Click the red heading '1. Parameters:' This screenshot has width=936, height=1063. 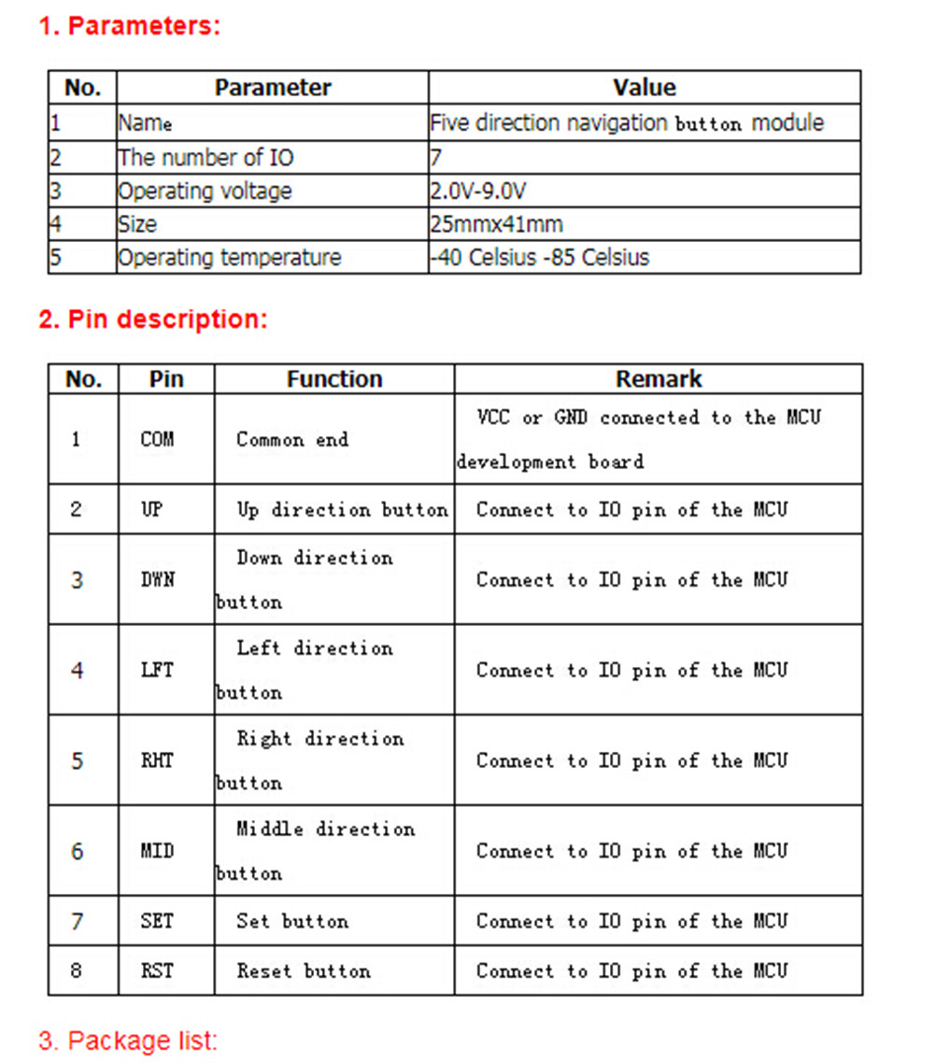(x=129, y=26)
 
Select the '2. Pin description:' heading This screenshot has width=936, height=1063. (x=152, y=319)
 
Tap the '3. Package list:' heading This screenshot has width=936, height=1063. (x=128, y=1040)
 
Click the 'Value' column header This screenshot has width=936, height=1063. (x=644, y=88)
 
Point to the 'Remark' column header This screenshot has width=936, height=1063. (x=658, y=379)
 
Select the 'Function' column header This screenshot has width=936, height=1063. (x=334, y=379)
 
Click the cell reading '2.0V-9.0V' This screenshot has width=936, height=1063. (x=478, y=191)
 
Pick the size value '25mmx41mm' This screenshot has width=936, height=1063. (x=496, y=224)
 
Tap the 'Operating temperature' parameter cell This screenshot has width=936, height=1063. (x=229, y=258)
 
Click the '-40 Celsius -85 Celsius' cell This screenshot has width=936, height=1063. (x=539, y=258)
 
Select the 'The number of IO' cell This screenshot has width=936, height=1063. (x=206, y=158)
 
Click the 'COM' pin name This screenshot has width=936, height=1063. (x=157, y=439)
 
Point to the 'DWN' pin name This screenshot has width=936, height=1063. (x=157, y=580)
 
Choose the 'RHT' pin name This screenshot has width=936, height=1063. (x=157, y=761)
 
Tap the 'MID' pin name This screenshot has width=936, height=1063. (x=157, y=852)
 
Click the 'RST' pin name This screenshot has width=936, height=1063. (x=157, y=971)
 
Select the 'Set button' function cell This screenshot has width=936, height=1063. (x=291, y=922)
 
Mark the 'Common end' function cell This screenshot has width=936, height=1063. (x=291, y=439)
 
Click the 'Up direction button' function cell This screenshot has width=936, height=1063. (x=341, y=510)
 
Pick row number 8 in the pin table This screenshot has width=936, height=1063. (x=77, y=971)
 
